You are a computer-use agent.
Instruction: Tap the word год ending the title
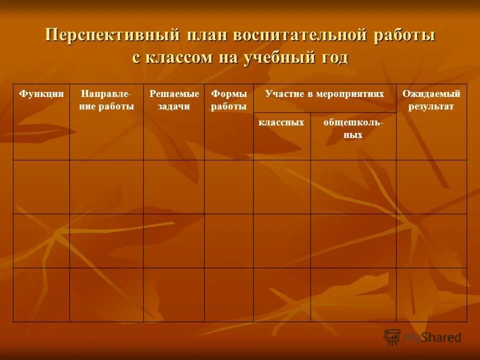(330, 57)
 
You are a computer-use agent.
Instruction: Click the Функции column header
(41, 94)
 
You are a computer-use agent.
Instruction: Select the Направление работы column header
(106, 100)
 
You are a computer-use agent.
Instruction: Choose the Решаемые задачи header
(173, 100)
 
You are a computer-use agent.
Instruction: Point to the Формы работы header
(228, 100)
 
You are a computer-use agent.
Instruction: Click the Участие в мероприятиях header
(324, 94)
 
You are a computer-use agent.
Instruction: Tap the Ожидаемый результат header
(431, 100)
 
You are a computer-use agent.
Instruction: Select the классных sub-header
(281, 122)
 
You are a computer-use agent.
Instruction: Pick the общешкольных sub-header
(353, 128)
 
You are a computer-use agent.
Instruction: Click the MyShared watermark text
(432, 337)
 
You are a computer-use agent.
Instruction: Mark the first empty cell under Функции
(41, 187)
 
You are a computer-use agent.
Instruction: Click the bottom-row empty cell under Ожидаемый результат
(431, 294)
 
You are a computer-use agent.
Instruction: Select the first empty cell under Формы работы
(228, 187)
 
